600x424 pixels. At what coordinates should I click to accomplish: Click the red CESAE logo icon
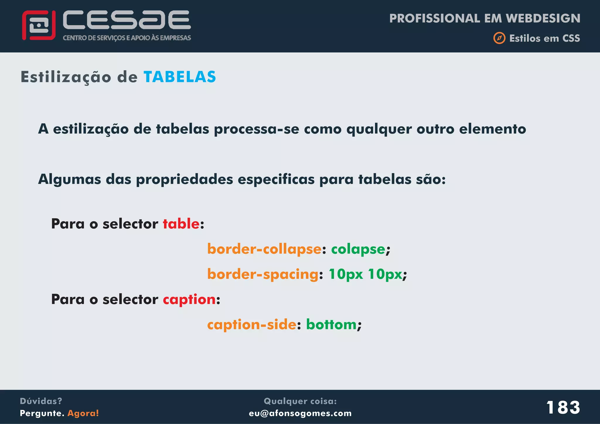click(39, 25)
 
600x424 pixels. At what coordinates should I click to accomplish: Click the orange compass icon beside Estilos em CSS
click(499, 38)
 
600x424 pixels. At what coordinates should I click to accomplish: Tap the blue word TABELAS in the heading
click(180, 77)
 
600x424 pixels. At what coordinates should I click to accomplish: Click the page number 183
click(563, 407)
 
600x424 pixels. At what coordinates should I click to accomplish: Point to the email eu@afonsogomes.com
click(300, 413)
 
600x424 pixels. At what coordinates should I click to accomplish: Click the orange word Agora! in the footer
click(83, 413)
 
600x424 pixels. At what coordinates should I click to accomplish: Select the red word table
click(181, 224)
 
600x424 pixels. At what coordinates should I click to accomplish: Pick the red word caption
click(189, 300)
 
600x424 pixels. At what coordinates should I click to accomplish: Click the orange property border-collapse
click(264, 249)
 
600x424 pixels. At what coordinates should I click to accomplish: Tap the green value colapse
click(358, 249)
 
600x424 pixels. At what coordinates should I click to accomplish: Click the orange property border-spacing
click(263, 274)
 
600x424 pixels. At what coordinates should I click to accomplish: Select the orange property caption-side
click(252, 325)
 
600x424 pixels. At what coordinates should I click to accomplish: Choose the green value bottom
click(331, 325)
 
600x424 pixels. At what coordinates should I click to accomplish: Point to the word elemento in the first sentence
click(492, 129)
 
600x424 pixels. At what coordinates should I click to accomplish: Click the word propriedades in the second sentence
click(184, 179)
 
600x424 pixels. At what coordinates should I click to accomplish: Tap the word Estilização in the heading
click(66, 77)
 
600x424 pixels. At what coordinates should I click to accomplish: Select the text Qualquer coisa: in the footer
click(300, 401)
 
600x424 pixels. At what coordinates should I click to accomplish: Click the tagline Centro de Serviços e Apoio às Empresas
click(127, 38)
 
